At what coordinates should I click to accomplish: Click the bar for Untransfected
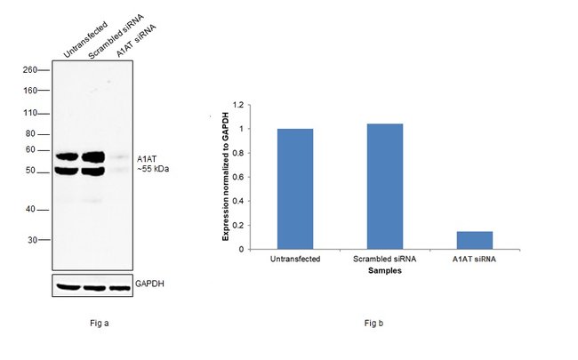(x=294, y=188)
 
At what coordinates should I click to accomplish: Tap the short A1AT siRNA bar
(x=474, y=240)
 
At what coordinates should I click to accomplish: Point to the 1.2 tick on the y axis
(x=237, y=105)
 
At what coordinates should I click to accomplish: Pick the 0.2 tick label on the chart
(x=237, y=225)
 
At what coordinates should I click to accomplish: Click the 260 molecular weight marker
(x=30, y=70)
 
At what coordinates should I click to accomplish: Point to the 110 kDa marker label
(x=30, y=114)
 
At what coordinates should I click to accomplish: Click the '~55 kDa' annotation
(x=152, y=168)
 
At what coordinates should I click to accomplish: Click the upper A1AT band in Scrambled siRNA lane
(x=93, y=157)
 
